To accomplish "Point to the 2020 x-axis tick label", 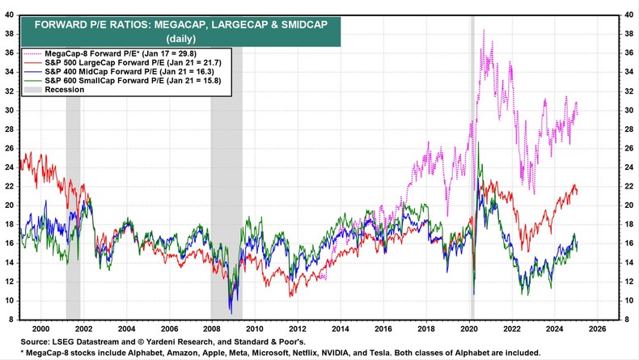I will pos(468,329).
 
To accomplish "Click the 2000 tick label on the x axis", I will pos(40,329).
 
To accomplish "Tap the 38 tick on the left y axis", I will pos(10,34).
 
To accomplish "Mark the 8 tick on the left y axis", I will pos(11,319).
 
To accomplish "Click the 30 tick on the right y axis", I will pos(628,110).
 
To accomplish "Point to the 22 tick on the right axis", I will pos(628,186).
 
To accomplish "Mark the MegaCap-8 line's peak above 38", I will pos(484,30).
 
